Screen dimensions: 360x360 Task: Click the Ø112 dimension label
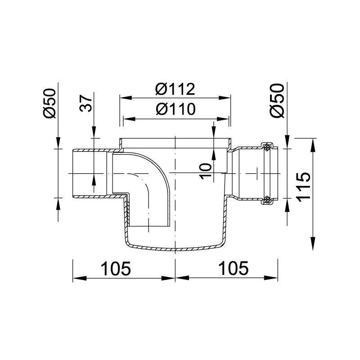175,89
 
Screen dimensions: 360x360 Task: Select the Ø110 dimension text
175,109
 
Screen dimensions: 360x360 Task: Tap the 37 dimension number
86,103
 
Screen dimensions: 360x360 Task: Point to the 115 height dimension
303,187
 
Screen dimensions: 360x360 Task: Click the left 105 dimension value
116,268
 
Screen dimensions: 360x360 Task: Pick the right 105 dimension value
234,268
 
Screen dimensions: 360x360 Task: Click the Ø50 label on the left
49,103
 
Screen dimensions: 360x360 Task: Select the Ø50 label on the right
277,100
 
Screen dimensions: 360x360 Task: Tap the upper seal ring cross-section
267,148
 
